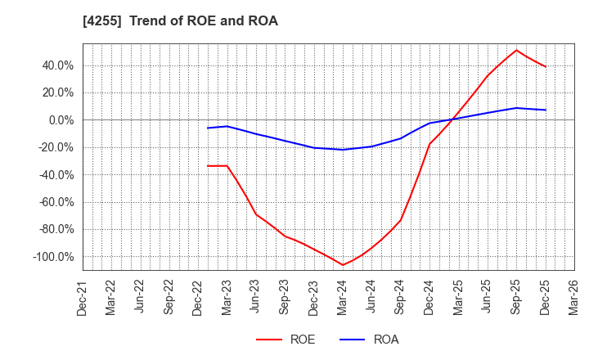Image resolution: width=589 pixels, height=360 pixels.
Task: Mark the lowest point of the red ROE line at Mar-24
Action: pos(343,265)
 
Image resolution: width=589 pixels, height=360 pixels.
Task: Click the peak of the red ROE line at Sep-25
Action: pos(516,50)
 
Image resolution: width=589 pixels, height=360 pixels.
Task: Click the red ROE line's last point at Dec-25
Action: pos(546,67)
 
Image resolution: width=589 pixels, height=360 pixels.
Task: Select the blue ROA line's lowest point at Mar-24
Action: pos(343,150)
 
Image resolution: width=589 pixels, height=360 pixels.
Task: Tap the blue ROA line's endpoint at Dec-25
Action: pos(546,110)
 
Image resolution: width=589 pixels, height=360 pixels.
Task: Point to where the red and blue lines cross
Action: pos(453,119)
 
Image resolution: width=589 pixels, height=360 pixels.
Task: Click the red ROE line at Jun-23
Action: pos(256,214)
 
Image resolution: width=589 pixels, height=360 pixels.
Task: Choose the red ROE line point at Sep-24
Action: pos(400,220)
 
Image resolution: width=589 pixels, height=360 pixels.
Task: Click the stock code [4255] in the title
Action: pos(101,21)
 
